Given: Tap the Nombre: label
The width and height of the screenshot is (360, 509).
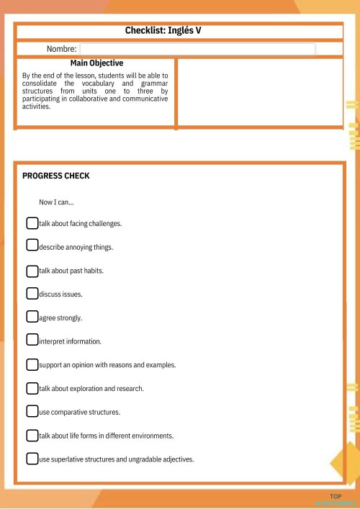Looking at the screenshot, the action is [62, 49].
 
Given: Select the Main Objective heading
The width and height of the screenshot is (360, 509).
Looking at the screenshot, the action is [96, 63].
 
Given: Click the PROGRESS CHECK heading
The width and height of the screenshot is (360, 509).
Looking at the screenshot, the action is [56, 176].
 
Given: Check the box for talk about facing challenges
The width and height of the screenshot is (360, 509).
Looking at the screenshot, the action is [32, 223].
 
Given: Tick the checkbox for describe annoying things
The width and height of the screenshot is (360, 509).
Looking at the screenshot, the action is [32, 246].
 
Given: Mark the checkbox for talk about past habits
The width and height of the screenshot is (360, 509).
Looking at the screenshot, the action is [32, 271].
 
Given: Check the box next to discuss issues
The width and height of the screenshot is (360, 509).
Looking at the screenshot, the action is [32, 294].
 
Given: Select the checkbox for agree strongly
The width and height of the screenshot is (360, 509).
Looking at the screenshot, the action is [32, 317].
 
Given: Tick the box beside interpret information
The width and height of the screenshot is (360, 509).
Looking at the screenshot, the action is [32, 340].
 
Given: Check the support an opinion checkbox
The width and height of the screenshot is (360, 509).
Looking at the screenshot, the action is [32, 364].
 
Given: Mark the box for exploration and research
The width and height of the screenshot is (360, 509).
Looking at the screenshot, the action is [32, 388].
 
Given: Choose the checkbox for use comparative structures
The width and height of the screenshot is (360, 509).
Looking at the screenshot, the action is [32, 412].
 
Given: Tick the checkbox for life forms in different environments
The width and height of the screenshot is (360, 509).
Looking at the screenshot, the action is [32, 436].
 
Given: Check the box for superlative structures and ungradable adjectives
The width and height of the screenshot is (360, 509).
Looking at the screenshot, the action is [32, 459].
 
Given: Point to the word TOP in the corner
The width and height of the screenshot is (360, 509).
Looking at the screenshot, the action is [336, 497].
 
